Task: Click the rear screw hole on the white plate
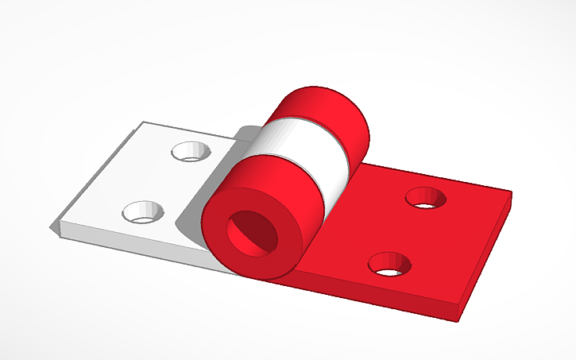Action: tap(190, 151)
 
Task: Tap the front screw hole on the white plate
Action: tap(144, 211)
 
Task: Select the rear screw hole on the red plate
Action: tap(427, 198)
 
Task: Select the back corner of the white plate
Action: tap(143, 122)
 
